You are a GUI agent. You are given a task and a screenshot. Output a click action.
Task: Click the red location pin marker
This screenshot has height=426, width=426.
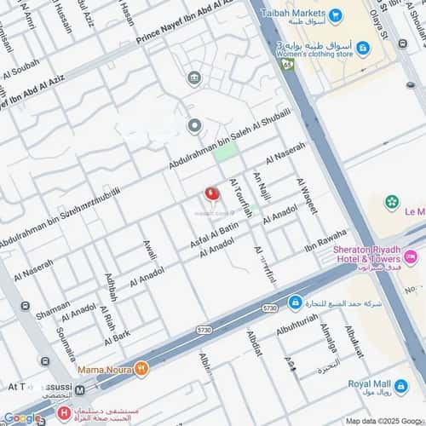(x=212, y=194)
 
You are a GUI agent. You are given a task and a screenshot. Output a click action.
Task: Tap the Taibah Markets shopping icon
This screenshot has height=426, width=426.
(x=335, y=15)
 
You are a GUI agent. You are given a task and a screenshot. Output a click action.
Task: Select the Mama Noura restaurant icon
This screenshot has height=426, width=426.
(x=141, y=369)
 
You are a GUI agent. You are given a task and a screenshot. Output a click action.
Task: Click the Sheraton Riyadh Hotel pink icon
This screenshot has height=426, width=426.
(x=411, y=256)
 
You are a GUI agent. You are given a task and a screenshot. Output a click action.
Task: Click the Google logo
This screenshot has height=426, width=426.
(x=21, y=417)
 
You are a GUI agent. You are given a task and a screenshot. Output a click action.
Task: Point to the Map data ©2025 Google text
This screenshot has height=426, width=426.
(x=382, y=420)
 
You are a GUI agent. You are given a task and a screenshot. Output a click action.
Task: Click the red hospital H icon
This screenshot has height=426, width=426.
(x=63, y=414)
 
